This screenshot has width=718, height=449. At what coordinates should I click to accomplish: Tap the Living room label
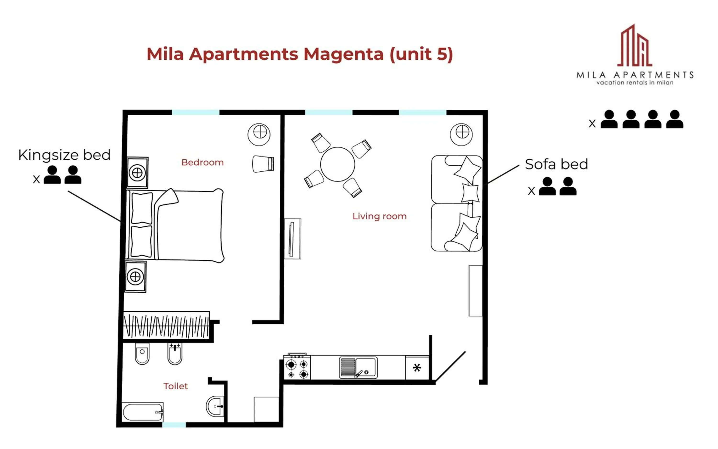tap(379, 216)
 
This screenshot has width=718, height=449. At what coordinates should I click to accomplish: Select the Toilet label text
tap(175, 386)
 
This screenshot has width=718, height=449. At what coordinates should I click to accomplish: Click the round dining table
tap(337, 164)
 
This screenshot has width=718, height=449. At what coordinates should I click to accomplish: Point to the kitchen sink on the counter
tap(358, 367)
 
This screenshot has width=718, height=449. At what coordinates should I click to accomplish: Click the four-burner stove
tap(297, 369)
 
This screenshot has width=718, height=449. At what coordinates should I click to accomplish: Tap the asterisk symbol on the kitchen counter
tap(417, 368)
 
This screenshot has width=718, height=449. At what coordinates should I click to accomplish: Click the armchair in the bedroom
tap(263, 164)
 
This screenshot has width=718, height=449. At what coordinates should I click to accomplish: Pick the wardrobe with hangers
tap(166, 326)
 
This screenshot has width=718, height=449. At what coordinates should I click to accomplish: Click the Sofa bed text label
tap(556, 164)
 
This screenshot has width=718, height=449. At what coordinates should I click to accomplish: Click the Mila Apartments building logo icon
tap(634, 46)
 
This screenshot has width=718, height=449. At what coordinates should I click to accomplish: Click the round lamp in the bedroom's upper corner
tap(259, 134)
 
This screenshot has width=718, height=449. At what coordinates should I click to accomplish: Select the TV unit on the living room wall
tap(292, 239)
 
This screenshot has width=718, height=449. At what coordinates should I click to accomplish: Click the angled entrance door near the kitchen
tap(450, 366)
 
